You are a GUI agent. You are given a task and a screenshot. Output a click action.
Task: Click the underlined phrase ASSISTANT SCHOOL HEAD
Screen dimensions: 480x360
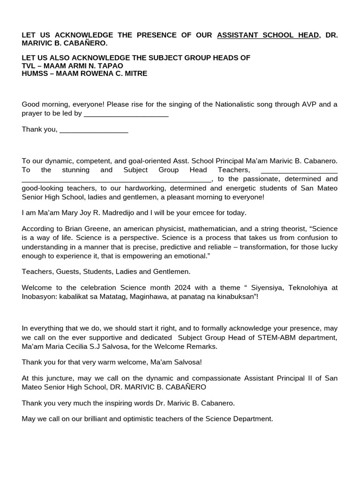pos(268,35)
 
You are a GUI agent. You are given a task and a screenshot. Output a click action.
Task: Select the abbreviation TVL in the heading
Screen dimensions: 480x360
pos(29,66)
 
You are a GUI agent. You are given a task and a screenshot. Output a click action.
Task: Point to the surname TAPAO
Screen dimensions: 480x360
pos(113,66)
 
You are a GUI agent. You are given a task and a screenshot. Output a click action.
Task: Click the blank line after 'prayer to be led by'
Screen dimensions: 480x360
pos(126,113)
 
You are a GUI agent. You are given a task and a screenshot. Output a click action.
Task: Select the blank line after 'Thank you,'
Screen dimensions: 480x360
pos(94,130)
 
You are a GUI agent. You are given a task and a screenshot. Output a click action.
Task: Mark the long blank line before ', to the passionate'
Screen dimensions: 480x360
pos(117,180)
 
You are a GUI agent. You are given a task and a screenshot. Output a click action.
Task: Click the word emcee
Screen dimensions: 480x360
pos(200,213)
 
